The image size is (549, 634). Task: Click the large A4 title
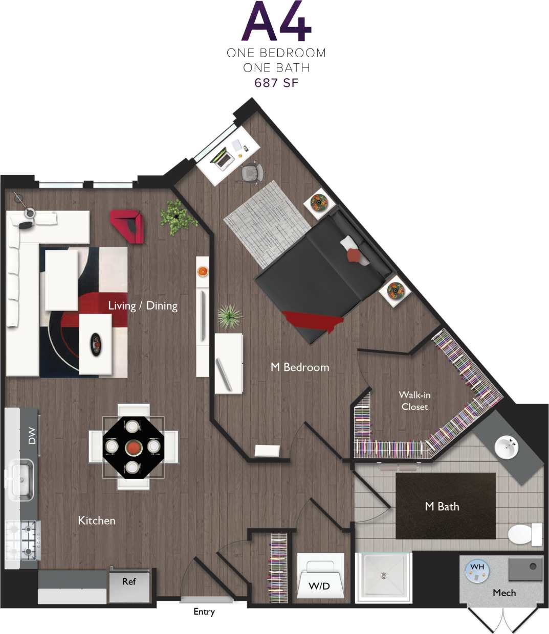[x=276, y=22]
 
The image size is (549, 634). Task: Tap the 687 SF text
[x=276, y=82]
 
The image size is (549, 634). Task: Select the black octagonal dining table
[x=133, y=447]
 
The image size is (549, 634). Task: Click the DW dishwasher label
[x=32, y=435]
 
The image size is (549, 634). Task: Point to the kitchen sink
[x=20, y=479]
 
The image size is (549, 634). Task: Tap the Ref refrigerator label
[x=129, y=581]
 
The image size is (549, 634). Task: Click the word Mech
[x=504, y=593]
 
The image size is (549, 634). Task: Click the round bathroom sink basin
[x=507, y=448]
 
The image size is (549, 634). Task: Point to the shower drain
[x=383, y=576]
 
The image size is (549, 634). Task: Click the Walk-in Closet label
[x=414, y=401]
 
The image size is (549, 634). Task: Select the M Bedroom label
[x=300, y=367]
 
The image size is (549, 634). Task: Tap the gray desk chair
[x=251, y=173]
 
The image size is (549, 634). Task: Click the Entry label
[x=204, y=612]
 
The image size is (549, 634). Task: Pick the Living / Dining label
[x=143, y=306]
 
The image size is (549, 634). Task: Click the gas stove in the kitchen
[x=23, y=541]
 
